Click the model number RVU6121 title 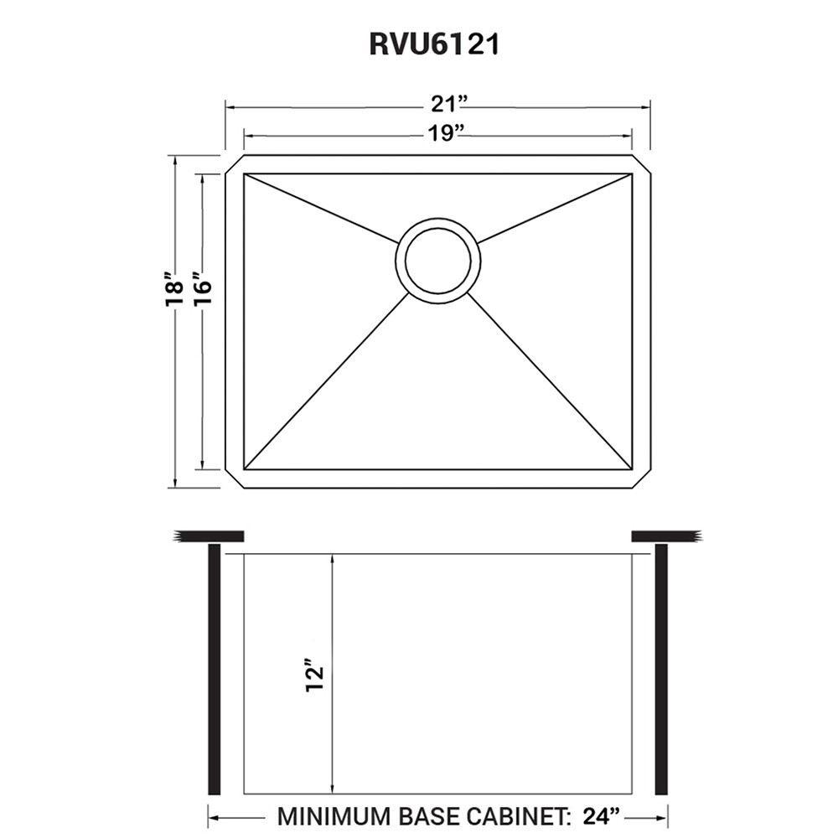click(x=435, y=44)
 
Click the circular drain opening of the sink click(x=437, y=261)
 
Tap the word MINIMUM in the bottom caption click(x=334, y=815)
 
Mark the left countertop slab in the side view click(x=209, y=536)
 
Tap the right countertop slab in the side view click(x=665, y=536)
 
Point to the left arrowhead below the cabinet click(x=213, y=815)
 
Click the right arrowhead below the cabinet click(x=662, y=815)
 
